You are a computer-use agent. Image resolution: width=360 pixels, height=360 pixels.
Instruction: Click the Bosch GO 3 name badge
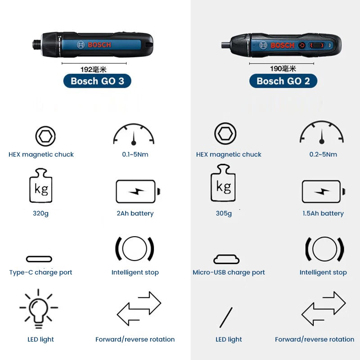point(97,81)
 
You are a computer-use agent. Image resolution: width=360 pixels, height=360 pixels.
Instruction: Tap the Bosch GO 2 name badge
point(283,81)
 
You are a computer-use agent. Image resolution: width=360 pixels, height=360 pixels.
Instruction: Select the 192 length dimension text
point(93,69)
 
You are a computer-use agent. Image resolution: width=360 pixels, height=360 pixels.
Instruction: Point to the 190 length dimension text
point(283,69)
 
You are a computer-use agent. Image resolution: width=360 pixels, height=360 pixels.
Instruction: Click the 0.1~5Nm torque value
point(135,154)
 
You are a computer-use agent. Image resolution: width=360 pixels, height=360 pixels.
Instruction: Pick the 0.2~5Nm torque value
point(323,154)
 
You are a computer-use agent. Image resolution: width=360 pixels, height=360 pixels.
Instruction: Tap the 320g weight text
point(40,213)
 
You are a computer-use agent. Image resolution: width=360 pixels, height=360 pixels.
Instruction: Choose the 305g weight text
point(224,213)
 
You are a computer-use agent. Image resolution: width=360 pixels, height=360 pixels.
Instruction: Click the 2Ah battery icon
point(137,192)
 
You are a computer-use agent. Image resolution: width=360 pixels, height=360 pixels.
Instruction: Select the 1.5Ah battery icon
point(323,192)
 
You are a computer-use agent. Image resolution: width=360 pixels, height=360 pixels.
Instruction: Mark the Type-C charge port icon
point(39,259)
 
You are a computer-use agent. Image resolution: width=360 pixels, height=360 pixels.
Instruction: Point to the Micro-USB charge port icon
point(226,259)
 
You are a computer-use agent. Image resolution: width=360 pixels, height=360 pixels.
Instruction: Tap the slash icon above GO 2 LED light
point(226,318)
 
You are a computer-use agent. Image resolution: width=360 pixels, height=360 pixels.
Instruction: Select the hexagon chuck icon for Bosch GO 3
point(45,135)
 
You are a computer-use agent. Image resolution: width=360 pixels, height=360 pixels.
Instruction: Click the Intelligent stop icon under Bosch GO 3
point(135,248)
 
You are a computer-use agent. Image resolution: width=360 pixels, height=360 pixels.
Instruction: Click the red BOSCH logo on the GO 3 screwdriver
point(99,45)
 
